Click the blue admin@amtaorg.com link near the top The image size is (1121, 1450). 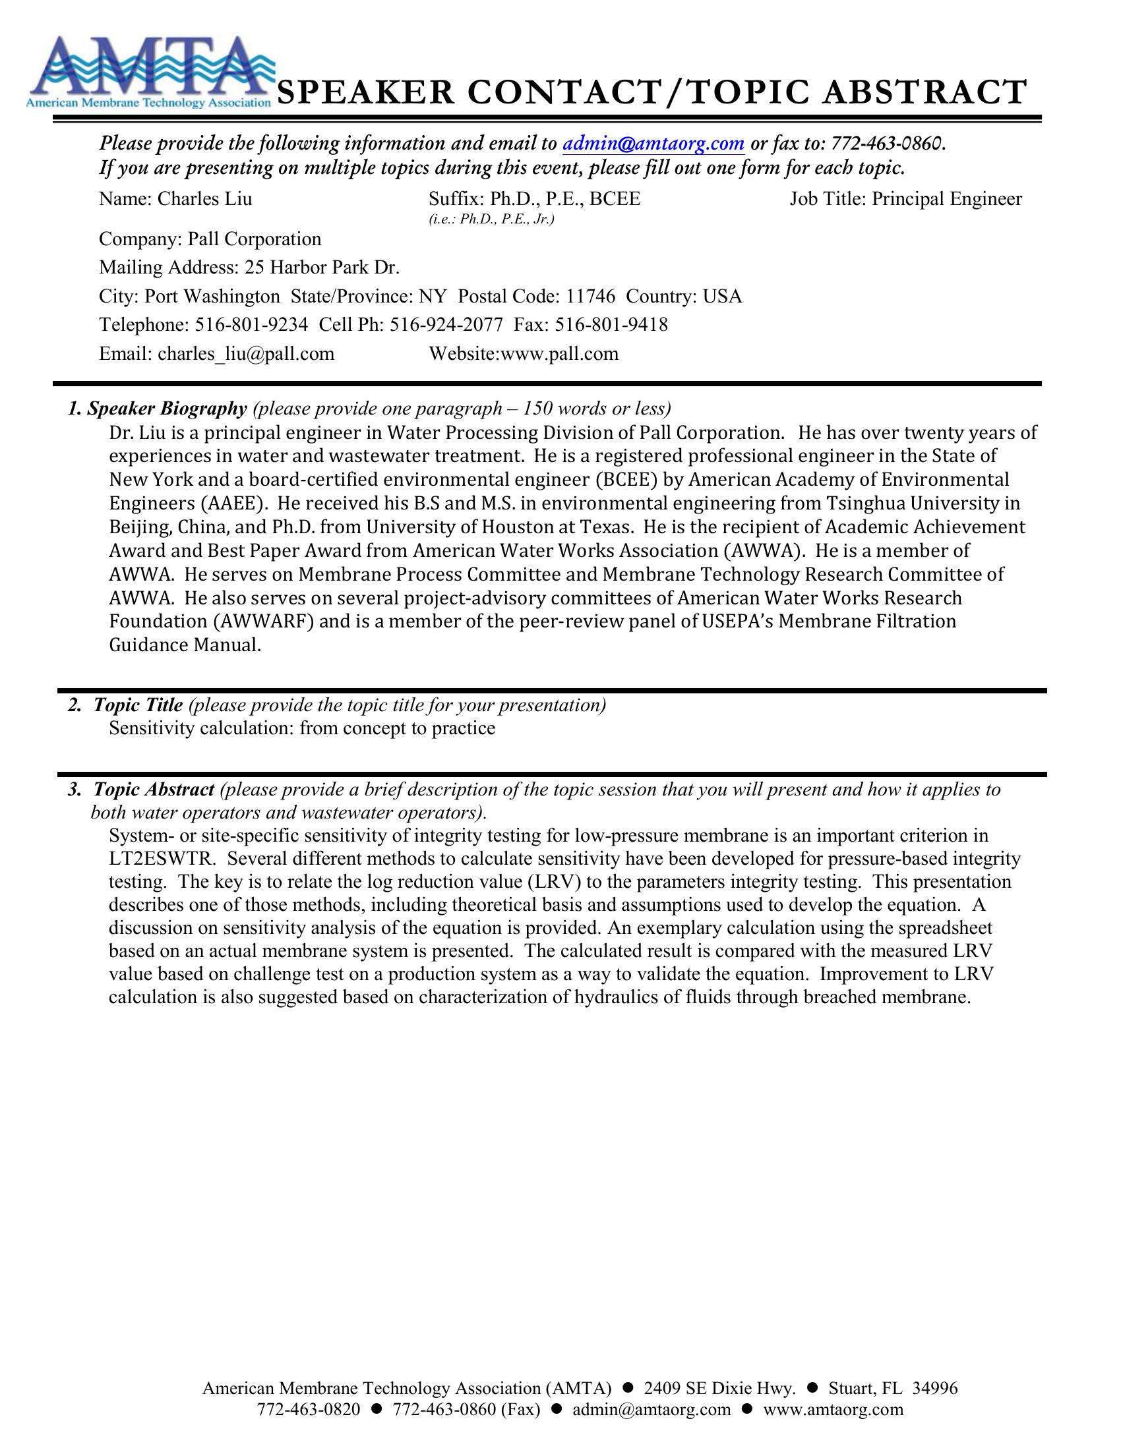tap(653, 143)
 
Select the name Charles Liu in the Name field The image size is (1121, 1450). tap(204, 199)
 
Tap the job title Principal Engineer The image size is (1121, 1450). tap(946, 199)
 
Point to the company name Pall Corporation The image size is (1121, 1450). tap(255, 239)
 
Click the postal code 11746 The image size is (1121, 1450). tap(590, 296)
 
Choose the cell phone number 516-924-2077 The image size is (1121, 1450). tap(446, 325)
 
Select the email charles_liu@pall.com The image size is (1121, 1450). tap(246, 353)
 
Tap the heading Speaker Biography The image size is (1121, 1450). tap(167, 409)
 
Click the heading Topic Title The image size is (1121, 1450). tap(137, 705)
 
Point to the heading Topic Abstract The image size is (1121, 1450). tap(154, 790)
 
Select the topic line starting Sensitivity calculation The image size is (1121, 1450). tap(302, 728)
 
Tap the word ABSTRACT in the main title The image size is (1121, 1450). tap(924, 93)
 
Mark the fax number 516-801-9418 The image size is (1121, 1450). tap(611, 325)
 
